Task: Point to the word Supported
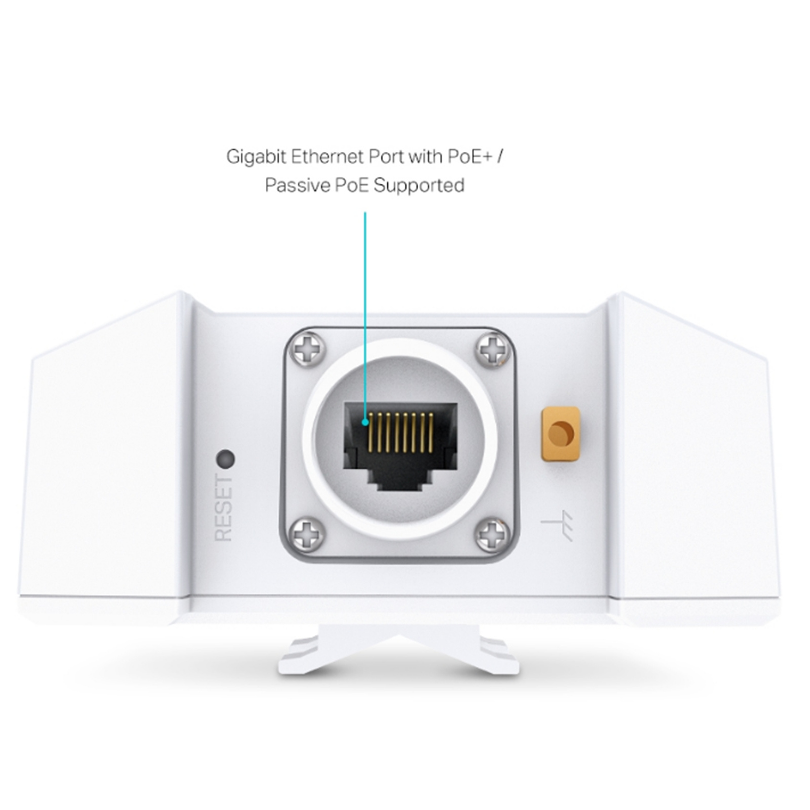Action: pos(419,186)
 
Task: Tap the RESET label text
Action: pos(224,508)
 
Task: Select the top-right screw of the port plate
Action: pos(492,349)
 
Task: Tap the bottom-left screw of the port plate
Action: pos(307,533)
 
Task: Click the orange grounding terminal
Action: pos(560,434)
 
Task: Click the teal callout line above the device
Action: pos(365,316)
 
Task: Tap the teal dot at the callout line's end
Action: pos(365,422)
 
